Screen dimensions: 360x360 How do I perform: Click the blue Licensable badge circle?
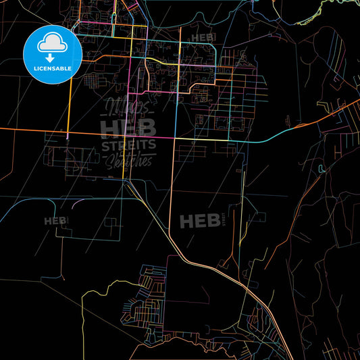tap(52, 55)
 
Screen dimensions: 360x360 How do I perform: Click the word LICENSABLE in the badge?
tap(52, 68)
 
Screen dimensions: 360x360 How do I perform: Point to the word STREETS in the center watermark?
tap(128, 145)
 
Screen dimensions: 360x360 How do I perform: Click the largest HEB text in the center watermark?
tap(128, 127)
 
